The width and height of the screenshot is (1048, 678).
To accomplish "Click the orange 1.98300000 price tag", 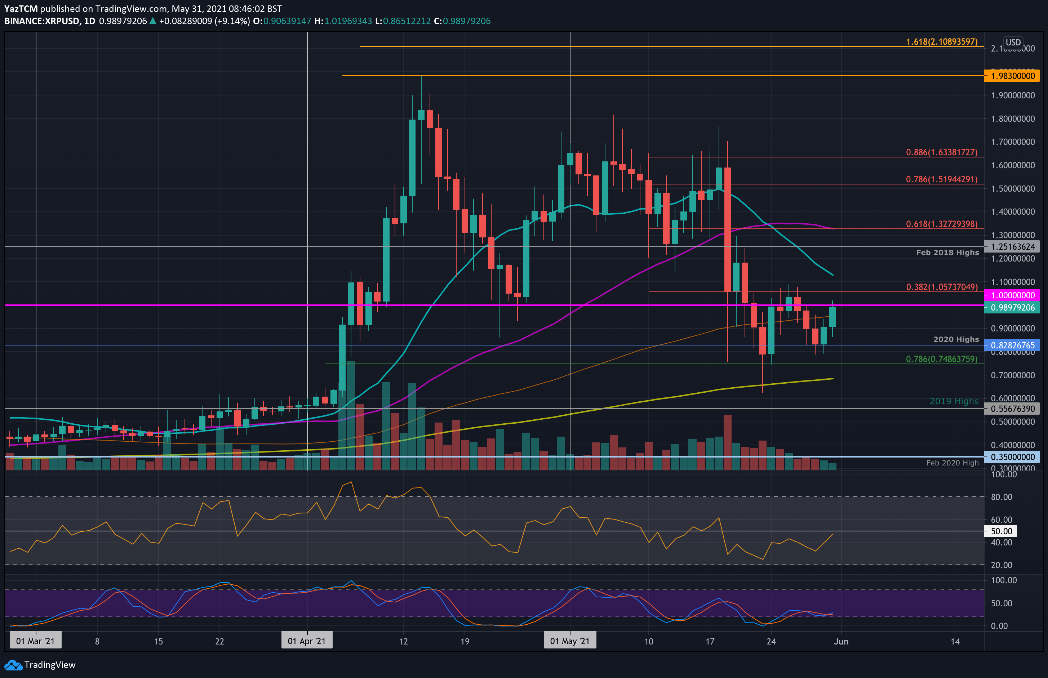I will coord(1012,76).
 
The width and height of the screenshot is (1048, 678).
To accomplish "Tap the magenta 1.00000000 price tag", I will coord(1012,295).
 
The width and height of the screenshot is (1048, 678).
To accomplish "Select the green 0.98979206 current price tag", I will coord(1012,307).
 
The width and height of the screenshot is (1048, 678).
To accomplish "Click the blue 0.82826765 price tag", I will coord(1012,345).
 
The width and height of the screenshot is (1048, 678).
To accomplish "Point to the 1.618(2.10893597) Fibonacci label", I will coord(941,42).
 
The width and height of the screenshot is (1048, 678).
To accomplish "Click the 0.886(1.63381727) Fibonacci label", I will coord(941,152).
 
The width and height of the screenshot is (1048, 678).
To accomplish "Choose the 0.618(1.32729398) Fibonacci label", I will coord(941,224).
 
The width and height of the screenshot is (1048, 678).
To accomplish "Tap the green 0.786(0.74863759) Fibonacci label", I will coord(941,359).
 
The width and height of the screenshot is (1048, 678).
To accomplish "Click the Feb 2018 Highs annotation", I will coord(947,252).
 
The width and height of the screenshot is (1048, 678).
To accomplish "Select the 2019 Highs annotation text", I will coord(954,401).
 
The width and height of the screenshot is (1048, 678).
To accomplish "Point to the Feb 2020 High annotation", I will coord(952,463).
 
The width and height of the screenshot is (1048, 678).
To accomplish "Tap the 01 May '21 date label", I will coord(569,641).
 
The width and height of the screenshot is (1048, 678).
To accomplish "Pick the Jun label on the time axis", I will coord(841,641).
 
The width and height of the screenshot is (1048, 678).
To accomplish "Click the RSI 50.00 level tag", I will coord(1001,531).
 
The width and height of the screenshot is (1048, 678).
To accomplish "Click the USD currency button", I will coord(1013,42).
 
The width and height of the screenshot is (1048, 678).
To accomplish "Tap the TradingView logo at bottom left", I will coord(40,665).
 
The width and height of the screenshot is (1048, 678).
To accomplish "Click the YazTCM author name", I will coord(21,8).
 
